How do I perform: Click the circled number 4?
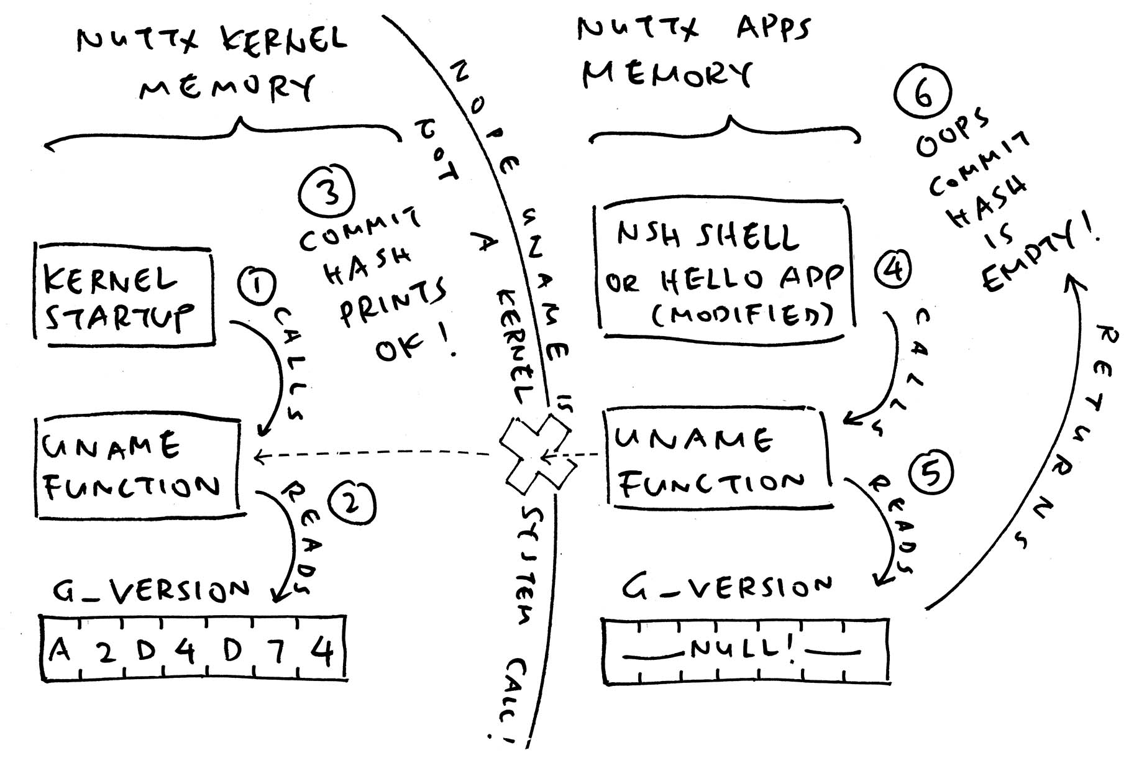[x=893, y=269]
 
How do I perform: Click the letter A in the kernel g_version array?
[x=60, y=651]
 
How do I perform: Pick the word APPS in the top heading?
[x=773, y=29]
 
